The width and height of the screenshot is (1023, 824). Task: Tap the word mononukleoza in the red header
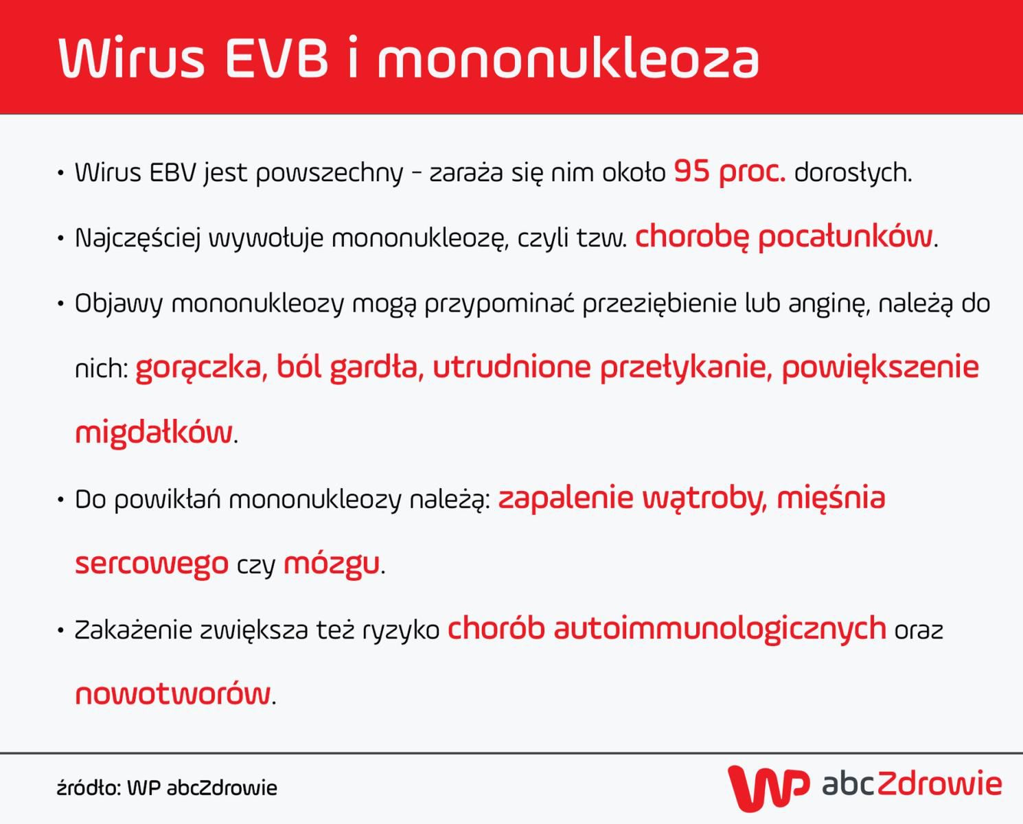click(568, 58)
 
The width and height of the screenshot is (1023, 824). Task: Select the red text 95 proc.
click(729, 172)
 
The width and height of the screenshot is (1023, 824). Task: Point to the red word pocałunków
click(845, 237)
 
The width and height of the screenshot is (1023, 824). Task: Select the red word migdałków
click(154, 433)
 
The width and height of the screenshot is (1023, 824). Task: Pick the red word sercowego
click(152, 564)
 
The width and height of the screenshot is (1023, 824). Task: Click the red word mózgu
click(331, 564)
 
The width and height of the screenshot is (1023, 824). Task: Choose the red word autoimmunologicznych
click(720, 629)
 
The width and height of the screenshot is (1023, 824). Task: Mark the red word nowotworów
click(173, 694)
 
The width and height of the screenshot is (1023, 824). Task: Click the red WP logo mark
click(768, 787)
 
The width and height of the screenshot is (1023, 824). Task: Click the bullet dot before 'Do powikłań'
click(60, 499)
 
